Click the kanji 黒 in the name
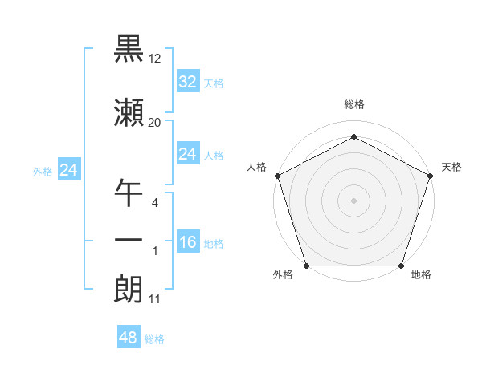click(129, 49)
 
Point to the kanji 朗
click(129, 290)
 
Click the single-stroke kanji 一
click(129, 241)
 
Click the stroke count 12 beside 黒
click(155, 59)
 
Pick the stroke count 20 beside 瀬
click(155, 122)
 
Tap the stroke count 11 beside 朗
click(155, 300)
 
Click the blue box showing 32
click(188, 82)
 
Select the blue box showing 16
click(188, 242)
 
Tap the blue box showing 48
click(129, 338)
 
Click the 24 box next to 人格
click(188, 154)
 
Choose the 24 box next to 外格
click(68, 170)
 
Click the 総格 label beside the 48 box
click(155, 339)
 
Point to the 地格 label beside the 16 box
click(214, 244)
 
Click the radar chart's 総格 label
click(354, 104)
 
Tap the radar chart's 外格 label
click(283, 275)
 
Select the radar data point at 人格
click(277, 176)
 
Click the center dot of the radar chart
click(354, 201)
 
